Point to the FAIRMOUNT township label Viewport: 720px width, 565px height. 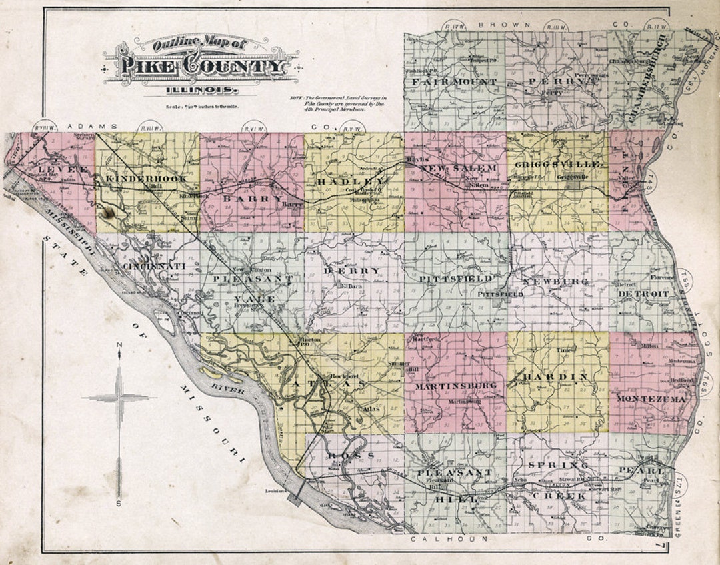click(x=454, y=82)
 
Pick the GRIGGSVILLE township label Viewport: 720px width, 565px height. click(x=559, y=164)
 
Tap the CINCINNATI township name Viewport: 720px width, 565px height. click(x=154, y=266)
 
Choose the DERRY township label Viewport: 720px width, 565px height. click(x=352, y=271)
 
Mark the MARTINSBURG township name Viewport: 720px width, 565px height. click(x=455, y=386)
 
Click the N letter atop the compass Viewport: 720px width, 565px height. click(x=119, y=344)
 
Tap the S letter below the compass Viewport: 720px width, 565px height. click(x=119, y=504)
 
